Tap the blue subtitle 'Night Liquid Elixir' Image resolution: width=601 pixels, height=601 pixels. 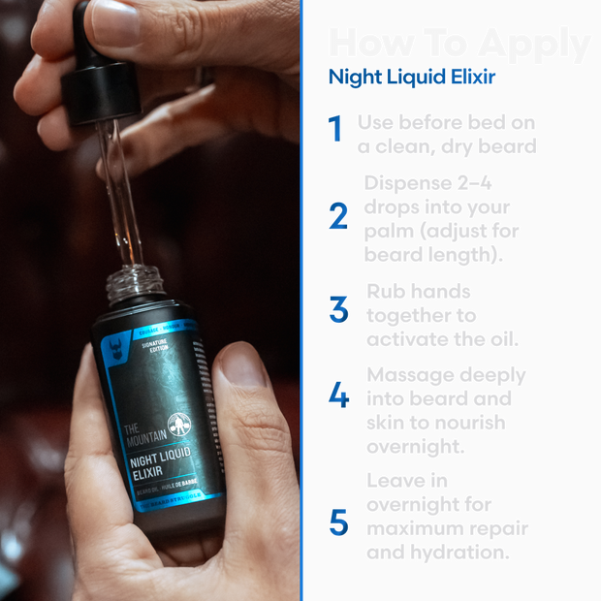tap(412, 78)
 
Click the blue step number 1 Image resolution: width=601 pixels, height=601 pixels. tap(335, 128)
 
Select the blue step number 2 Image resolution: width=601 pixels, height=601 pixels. tap(337, 215)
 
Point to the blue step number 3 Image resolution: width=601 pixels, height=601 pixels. tap(337, 309)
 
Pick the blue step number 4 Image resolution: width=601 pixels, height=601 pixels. tap(337, 395)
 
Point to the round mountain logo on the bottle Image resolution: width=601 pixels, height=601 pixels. tap(178, 427)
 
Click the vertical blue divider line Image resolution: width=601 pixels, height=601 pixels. tap(302, 300)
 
